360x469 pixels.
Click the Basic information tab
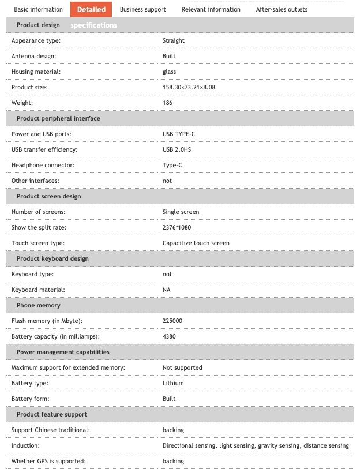click(38, 9)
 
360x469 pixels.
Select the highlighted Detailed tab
click(91, 9)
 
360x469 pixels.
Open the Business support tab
click(142, 9)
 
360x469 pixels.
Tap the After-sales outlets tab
click(282, 9)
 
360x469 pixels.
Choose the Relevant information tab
click(211, 9)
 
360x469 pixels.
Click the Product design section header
click(38, 25)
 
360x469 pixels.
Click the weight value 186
click(167, 103)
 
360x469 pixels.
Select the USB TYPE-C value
click(179, 134)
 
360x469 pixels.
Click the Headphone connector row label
click(44, 165)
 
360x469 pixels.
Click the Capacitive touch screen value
click(196, 243)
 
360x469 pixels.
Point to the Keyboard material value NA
click(166, 290)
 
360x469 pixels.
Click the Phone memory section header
click(38, 305)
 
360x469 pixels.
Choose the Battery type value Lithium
click(173, 383)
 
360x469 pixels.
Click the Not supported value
click(182, 367)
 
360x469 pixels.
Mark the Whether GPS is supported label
click(48, 461)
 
